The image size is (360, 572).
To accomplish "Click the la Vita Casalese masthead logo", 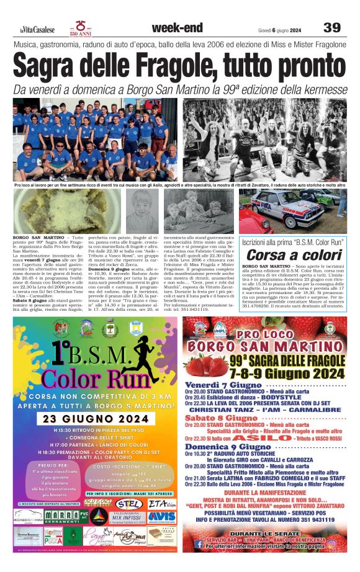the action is click(x=39, y=29).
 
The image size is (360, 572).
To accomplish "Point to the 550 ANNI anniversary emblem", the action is click(x=81, y=27).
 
